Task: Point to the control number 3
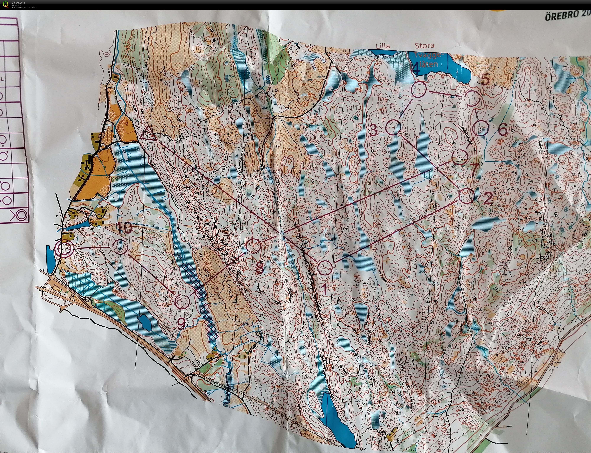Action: coord(373,131)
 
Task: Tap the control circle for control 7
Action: coord(459,156)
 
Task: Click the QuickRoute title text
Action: coord(18,3)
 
